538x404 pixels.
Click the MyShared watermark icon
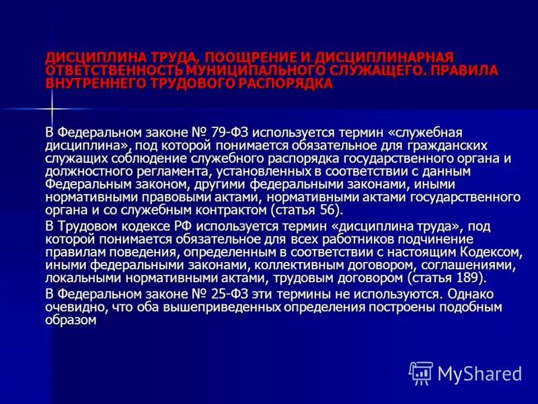(x=421, y=372)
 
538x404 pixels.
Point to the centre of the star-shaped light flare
(x=51, y=108)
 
